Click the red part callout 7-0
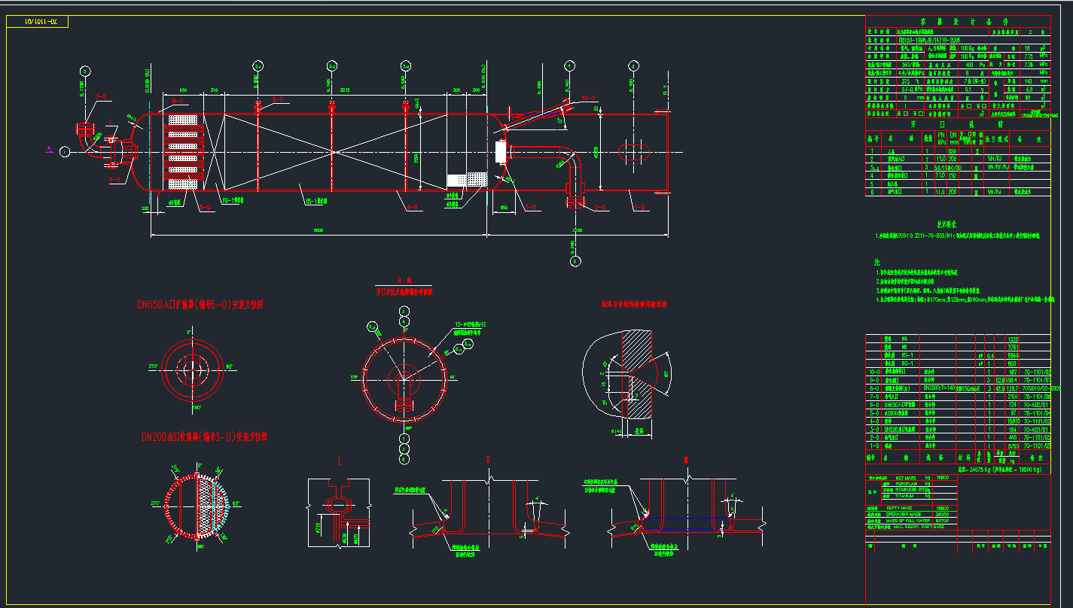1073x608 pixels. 100,96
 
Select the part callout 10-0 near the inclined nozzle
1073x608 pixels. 587,97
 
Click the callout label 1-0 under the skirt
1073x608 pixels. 640,206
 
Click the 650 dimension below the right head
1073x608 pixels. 504,206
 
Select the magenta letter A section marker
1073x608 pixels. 49,149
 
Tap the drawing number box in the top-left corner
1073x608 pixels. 37,22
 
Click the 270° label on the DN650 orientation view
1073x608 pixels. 155,366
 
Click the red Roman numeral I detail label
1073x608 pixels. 339,460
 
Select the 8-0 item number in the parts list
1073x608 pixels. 873,388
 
